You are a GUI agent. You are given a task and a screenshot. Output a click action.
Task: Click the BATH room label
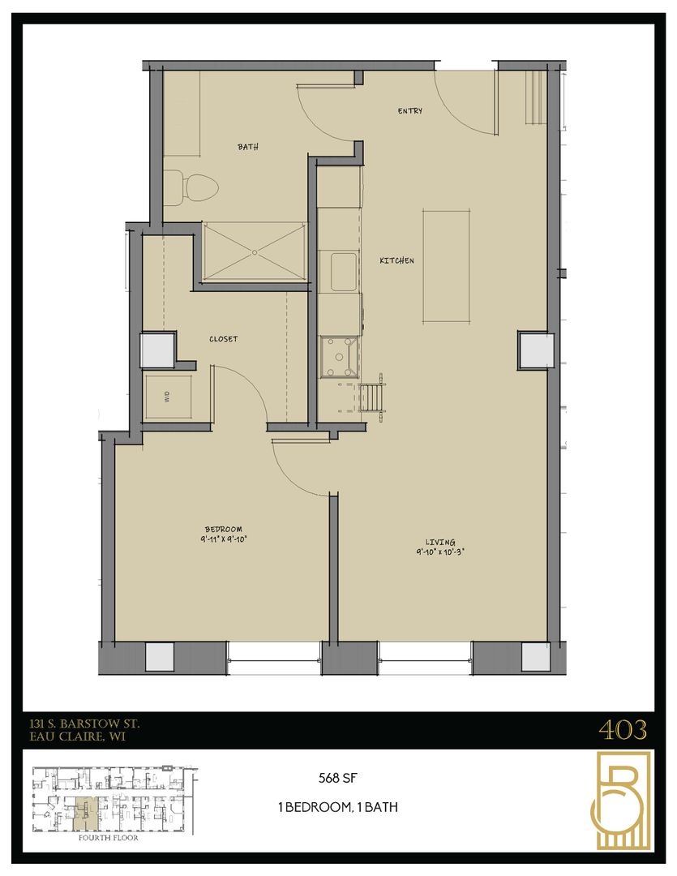pyautogui.click(x=247, y=147)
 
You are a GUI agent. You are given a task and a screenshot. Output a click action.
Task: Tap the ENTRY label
pyautogui.click(x=409, y=111)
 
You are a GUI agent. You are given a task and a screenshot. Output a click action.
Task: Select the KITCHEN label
pyautogui.click(x=397, y=260)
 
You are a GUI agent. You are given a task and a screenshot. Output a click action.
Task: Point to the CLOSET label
pyautogui.click(x=223, y=339)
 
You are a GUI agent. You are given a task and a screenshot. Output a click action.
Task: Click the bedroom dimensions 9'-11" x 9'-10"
pyautogui.click(x=224, y=537)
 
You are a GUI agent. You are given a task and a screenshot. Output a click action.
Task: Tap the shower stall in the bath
pyautogui.click(x=252, y=251)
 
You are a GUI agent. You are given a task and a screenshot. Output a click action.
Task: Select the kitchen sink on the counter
pyautogui.click(x=338, y=269)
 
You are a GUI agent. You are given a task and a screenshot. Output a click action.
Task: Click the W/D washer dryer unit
pyautogui.click(x=167, y=397)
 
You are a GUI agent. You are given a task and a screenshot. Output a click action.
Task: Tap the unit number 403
pyautogui.click(x=623, y=730)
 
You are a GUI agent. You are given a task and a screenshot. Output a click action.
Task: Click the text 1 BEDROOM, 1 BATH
pyautogui.click(x=336, y=807)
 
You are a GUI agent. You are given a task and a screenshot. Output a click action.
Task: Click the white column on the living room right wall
pyautogui.click(x=536, y=350)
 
